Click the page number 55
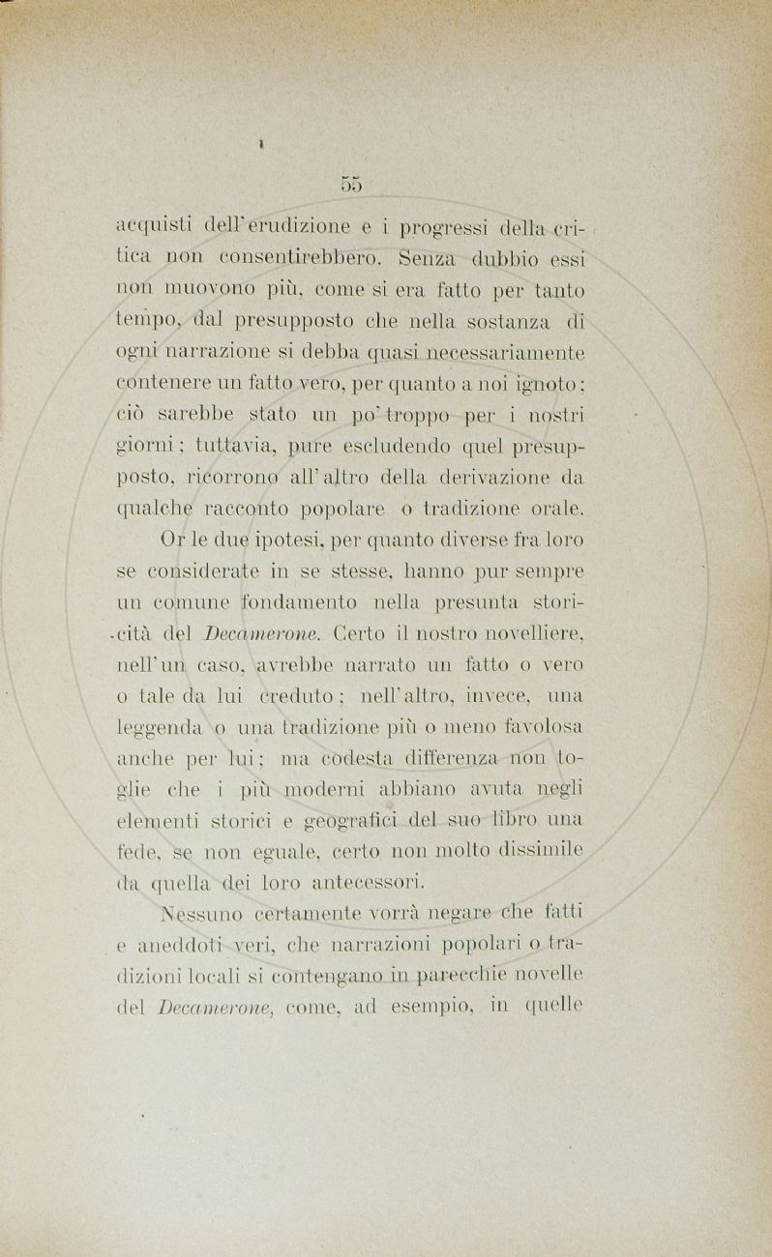pyautogui.click(x=350, y=184)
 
